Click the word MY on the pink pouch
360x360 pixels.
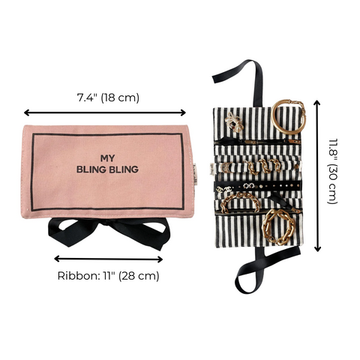pyautogui.click(x=109, y=157)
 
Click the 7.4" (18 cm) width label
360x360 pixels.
pyautogui.click(x=109, y=97)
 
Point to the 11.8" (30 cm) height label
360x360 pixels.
pyautogui.click(x=332, y=177)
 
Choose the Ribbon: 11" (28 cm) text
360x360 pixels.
pyautogui.click(x=109, y=275)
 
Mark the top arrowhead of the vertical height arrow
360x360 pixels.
pyautogui.click(x=318, y=104)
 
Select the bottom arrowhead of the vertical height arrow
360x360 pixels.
pyautogui.click(x=318, y=250)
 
